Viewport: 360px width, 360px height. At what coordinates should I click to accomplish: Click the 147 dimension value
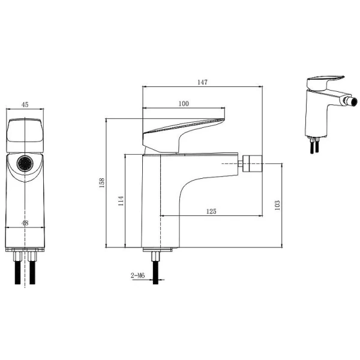click(x=202, y=82)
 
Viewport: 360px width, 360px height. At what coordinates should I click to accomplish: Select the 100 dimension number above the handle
click(x=184, y=104)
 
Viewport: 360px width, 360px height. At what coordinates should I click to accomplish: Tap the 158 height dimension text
click(x=102, y=183)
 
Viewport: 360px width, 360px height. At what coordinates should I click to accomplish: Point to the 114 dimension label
click(x=121, y=200)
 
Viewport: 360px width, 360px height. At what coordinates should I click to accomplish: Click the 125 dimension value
click(x=211, y=211)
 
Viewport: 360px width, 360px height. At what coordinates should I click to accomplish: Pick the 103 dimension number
click(x=277, y=205)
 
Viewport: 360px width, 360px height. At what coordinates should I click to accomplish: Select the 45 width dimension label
click(x=25, y=104)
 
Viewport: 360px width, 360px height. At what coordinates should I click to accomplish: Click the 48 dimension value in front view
click(x=25, y=223)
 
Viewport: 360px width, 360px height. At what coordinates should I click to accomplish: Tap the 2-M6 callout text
click(x=138, y=275)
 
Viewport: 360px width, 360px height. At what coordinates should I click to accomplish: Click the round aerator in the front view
click(x=25, y=163)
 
